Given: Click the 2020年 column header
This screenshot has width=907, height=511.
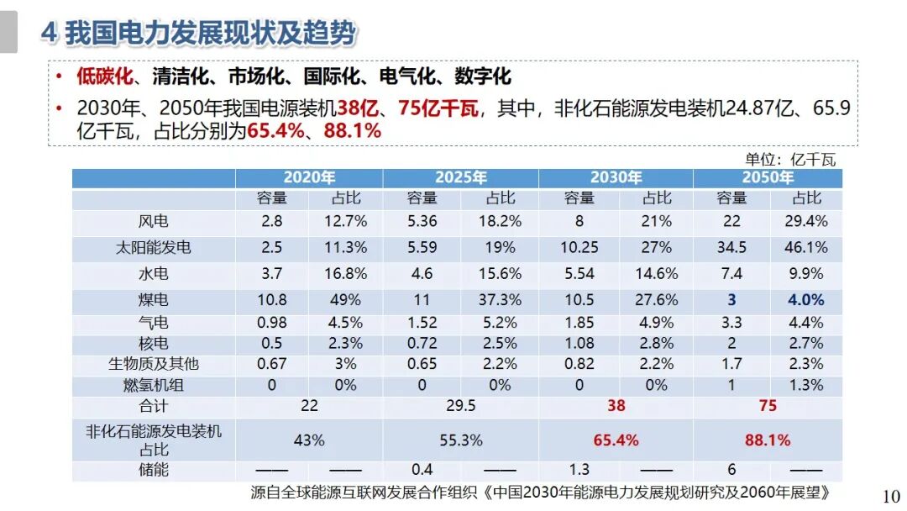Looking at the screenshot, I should click(x=309, y=177).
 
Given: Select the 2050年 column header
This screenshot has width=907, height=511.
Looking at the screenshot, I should click(x=768, y=177).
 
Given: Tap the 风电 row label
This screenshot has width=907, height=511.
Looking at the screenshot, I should click(x=153, y=221).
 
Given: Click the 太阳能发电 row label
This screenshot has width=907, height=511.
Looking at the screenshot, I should click(x=153, y=247).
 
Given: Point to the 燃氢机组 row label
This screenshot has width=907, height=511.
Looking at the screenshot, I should click(x=153, y=385).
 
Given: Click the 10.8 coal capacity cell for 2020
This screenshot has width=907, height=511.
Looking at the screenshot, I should click(x=272, y=300).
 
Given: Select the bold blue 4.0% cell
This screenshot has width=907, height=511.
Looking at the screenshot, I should click(x=806, y=300).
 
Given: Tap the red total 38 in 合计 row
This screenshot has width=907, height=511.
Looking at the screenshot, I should click(x=616, y=405).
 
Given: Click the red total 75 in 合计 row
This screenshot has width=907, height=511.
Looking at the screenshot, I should click(x=768, y=405).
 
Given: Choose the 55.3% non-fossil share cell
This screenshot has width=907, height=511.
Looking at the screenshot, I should click(x=461, y=440).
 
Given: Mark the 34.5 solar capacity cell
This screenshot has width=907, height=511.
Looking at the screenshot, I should click(x=731, y=247).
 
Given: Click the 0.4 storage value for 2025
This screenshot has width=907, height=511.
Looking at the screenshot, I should click(x=422, y=470).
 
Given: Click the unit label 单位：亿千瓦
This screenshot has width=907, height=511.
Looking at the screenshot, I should click(x=790, y=159).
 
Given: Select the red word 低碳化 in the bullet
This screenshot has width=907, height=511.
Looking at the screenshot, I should click(x=105, y=77).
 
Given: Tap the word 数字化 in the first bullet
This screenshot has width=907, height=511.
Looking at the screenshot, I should click(x=483, y=77).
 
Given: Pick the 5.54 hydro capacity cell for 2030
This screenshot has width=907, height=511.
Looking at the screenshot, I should click(x=579, y=274).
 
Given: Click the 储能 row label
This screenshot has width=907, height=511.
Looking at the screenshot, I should click(x=153, y=470).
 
